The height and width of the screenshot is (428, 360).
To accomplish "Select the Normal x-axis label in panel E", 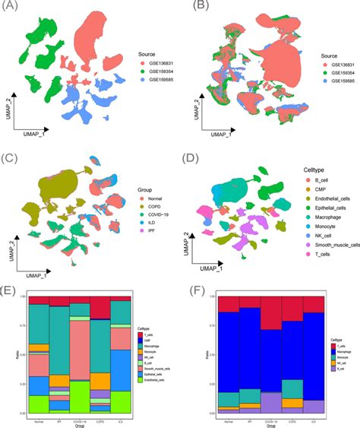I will tap(38, 417).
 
